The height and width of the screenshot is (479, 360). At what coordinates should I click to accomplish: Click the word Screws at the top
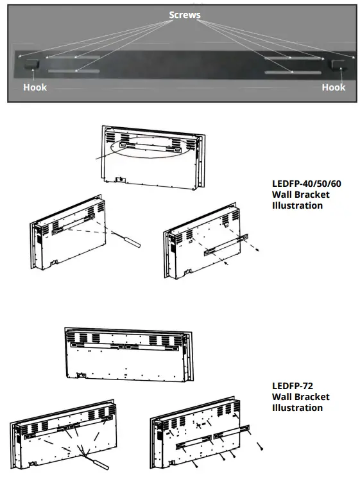184,14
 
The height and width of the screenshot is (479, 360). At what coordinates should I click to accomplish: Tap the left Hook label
35,87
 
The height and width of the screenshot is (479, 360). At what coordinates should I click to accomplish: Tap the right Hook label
334,87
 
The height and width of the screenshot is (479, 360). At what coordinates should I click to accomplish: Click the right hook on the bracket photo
336,65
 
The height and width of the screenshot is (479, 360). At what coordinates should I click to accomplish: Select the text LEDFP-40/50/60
307,184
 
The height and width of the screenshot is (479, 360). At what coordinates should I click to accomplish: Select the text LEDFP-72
293,385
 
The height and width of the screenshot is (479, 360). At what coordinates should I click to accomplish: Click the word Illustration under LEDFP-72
298,408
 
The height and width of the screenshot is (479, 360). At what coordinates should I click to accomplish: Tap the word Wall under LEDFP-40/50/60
283,195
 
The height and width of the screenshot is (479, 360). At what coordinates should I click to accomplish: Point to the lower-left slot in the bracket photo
73,71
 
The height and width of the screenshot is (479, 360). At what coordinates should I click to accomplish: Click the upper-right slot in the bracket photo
291,58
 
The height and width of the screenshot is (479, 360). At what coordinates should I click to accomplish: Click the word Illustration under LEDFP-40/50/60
298,205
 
